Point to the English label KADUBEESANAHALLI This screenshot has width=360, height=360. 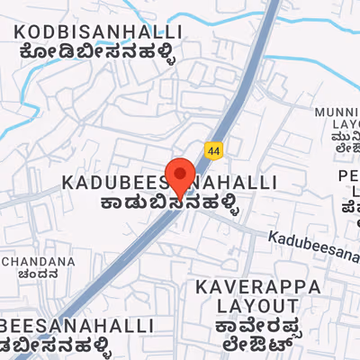click(x=169, y=182)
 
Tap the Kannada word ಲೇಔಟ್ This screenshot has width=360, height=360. click(x=258, y=343)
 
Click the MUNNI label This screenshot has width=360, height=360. click(x=337, y=112)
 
